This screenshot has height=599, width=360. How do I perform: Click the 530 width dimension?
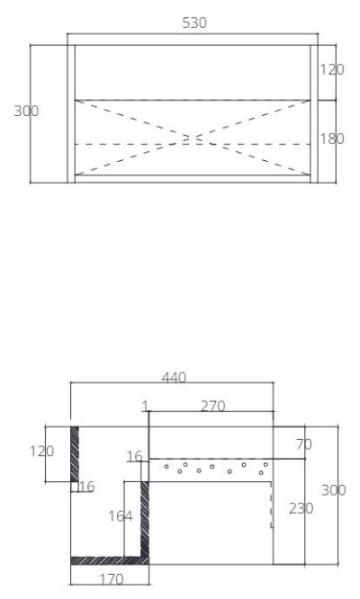coord(194,23)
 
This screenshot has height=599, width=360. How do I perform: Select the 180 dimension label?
coord(332,139)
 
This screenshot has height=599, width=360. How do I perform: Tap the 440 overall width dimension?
coord(173,379)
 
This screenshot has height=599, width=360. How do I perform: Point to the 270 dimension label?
coord(212,406)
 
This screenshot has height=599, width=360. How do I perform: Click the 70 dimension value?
coord(303,443)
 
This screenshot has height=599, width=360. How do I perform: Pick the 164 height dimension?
coord(121,516)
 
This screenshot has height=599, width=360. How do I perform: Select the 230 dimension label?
coord(301,508)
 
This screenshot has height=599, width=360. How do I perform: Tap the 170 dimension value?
coord(110,579)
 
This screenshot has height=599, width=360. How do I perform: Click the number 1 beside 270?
coord(144,406)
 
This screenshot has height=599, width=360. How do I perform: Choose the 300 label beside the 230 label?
coord(334,490)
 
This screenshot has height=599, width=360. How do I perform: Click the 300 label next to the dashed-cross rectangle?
coord(26,111)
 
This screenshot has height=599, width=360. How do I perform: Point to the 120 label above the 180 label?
coord(332,69)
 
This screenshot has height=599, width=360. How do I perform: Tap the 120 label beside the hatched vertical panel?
coord(42,451)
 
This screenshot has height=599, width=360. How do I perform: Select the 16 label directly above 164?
coord(134,458)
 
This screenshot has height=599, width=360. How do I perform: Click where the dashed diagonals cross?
coord(190,139)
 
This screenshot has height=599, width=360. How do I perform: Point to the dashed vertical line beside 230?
coord(273,504)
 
